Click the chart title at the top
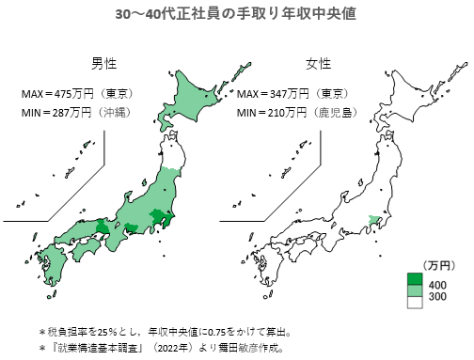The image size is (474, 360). (x=236, y=15)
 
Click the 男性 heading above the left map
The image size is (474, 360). (x=104, y=63)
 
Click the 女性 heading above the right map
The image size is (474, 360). (x=318, y=63)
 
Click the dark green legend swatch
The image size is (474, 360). (x=413, y=279)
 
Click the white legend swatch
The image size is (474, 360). (x=413, y=304)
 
